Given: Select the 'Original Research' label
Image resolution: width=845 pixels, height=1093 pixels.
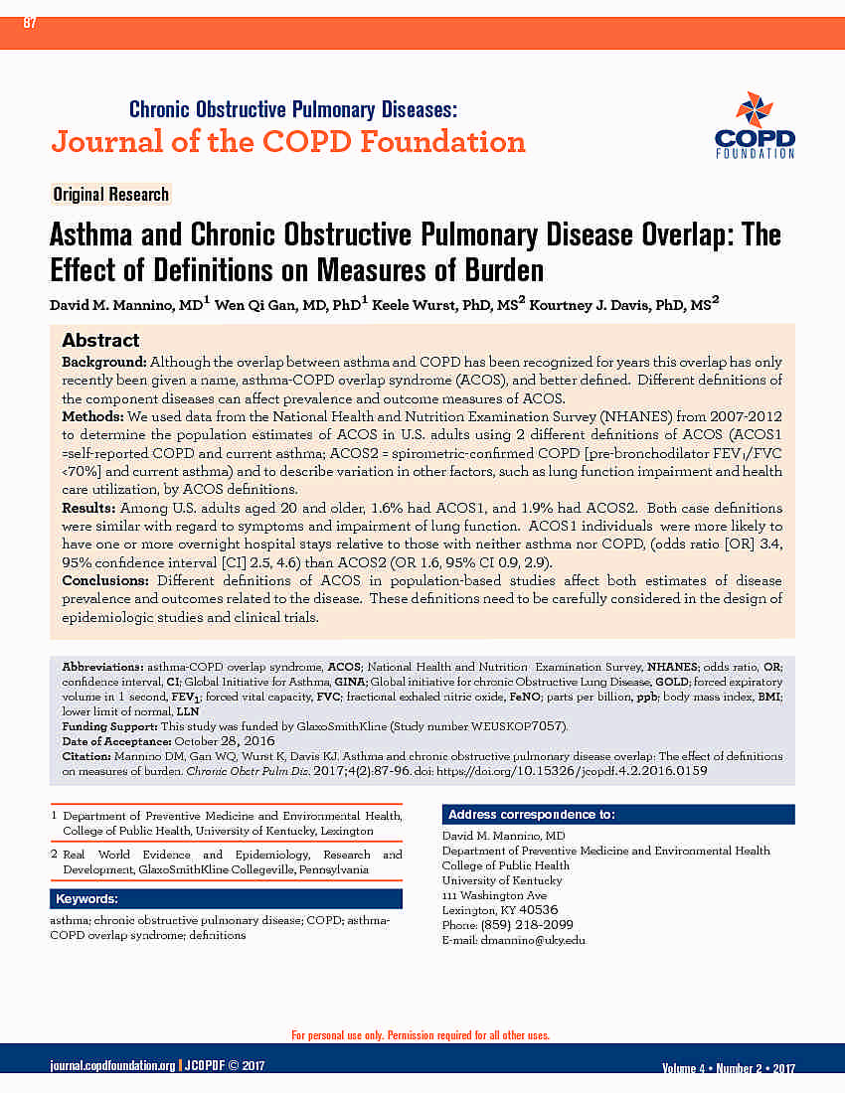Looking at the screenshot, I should (x=110, y=195).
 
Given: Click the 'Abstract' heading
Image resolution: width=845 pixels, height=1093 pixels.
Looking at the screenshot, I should (x=100, y=341).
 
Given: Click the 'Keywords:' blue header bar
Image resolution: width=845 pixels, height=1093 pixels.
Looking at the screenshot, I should (x=87, y=899).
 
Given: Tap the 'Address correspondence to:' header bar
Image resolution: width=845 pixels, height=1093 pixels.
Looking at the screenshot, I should (x=531, y=815).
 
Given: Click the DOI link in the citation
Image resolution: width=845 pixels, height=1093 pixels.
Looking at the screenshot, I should (x=616, y=770).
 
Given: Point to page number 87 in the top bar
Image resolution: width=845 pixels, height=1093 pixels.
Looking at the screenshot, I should (x=29, y=23).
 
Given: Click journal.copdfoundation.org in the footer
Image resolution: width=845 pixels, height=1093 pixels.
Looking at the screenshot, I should (x=112, y=1066).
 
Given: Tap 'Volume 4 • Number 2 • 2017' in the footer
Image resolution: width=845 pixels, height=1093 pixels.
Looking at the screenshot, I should (x=728, y=1068).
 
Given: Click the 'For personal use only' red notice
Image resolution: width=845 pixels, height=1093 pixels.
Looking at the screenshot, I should (x=421, y=1035).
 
